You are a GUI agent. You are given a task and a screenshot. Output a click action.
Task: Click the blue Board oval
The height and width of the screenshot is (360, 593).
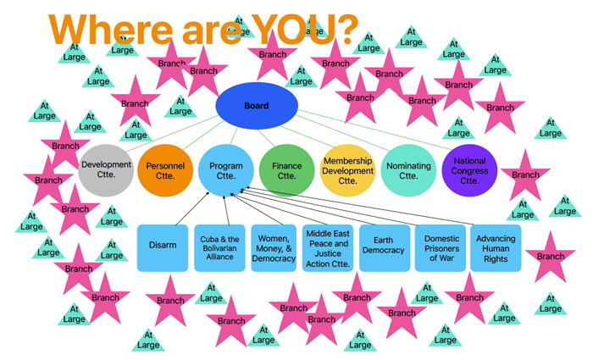pos(257,106)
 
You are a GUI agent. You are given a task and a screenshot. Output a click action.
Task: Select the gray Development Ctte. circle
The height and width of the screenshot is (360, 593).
pos(106,170)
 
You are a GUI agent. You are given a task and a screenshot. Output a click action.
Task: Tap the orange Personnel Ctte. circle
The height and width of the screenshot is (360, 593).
pos(165,170)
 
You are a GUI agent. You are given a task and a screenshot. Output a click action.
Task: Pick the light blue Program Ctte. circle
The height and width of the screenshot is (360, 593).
pos(226,170)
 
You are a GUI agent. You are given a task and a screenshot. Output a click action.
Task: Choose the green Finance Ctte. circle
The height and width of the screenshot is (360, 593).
pos(286,170)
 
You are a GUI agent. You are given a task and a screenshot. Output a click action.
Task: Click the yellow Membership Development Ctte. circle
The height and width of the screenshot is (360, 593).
pos(347,170)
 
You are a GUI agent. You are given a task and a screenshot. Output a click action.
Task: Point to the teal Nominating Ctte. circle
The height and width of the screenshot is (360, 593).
pos(408,170)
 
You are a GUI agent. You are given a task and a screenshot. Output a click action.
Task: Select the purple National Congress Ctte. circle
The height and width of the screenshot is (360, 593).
pos(469,170)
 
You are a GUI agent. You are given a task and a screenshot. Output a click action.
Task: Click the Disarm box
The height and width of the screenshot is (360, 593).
pos(163,248)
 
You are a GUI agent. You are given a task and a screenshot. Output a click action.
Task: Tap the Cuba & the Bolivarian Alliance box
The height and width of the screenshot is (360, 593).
pos(219,248)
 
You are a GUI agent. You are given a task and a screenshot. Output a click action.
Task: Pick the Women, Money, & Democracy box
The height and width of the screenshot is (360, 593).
pos(274,248)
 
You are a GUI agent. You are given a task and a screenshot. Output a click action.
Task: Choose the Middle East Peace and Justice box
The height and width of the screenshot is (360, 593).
pos(328,248)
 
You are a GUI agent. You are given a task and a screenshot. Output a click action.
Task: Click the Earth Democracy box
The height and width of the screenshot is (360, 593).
pos(385,248)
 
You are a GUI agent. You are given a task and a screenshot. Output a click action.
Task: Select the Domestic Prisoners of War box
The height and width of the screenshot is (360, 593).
pos(441,248)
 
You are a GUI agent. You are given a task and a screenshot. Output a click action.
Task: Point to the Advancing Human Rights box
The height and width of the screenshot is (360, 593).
pos(496,248)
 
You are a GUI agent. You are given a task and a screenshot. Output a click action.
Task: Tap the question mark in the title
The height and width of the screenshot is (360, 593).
pos(346,29)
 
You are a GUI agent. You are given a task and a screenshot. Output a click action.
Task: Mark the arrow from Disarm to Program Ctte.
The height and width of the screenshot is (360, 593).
pos(192,208)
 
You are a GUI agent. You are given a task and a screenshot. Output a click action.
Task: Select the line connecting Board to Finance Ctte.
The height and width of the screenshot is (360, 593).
pos(267,138)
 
